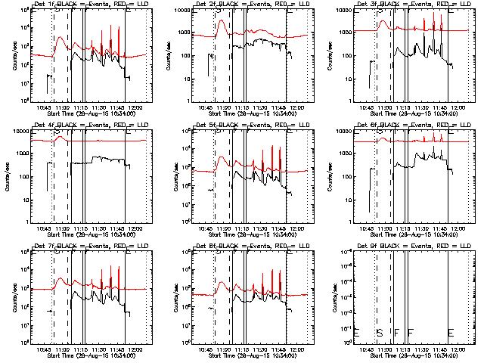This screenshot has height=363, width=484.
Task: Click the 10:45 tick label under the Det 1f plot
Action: (x=44, y=108)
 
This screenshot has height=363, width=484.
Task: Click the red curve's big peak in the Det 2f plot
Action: (x=222, y=21)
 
